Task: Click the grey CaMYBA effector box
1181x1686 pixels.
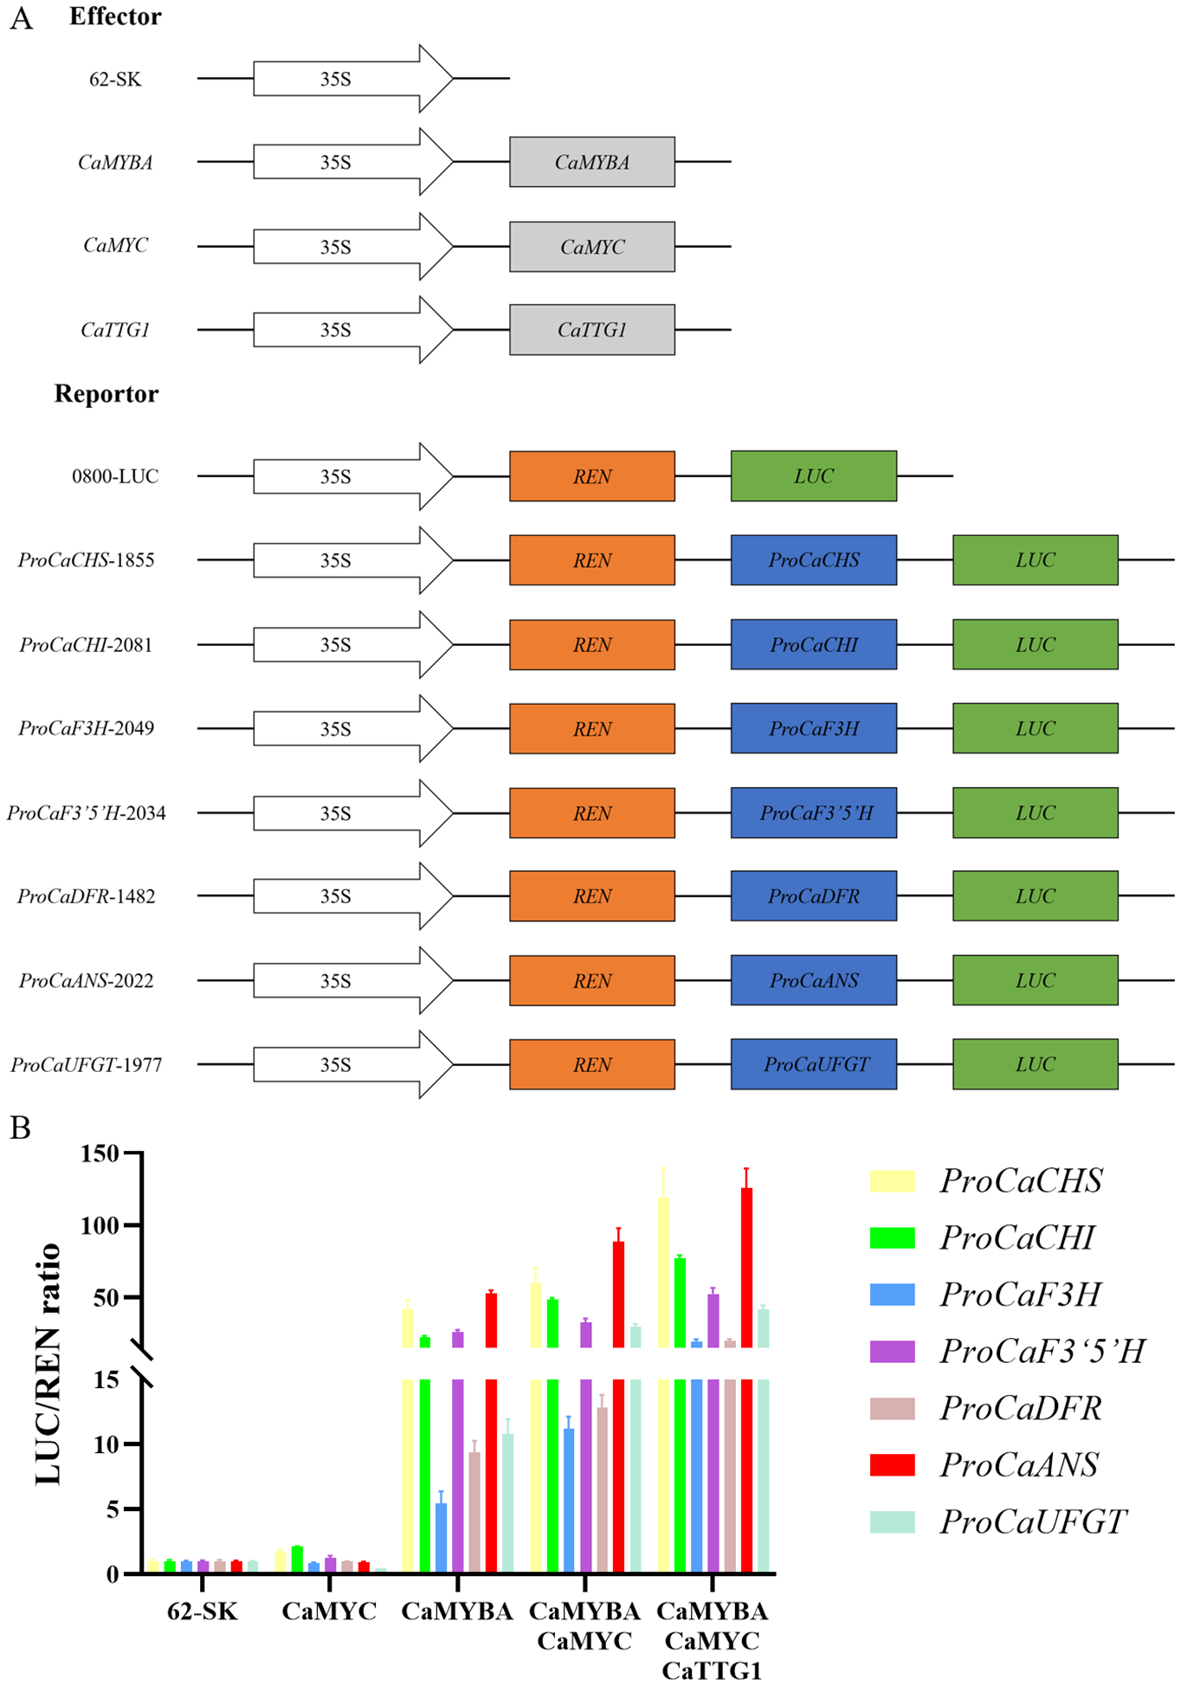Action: click(591, 162)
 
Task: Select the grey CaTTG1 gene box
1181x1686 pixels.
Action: click(591, 330)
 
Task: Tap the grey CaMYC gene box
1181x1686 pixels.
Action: click(591, 247)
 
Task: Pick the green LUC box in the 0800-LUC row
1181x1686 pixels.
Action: click(813, 476)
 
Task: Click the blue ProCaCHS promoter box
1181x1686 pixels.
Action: click(813, 560)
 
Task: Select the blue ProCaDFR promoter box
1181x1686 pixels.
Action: click(813, 896)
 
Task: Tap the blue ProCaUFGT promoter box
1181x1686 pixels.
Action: click(813, 1064)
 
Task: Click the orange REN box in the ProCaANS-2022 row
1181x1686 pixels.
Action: click(591, 980)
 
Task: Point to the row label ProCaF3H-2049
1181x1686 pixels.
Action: click(87, 728)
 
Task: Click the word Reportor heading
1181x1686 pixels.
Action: click(106, 394)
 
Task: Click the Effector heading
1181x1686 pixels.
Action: click(115, 16)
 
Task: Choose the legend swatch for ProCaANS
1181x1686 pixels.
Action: click(892, 1464)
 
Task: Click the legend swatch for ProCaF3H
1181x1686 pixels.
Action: click(892, 1295)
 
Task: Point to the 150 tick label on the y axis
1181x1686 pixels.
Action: click(99, 1153)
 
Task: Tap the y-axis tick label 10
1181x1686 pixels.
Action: click(106, 1444)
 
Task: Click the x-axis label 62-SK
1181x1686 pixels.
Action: click(202, 1612)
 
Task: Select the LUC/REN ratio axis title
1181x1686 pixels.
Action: click(48, 1364)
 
